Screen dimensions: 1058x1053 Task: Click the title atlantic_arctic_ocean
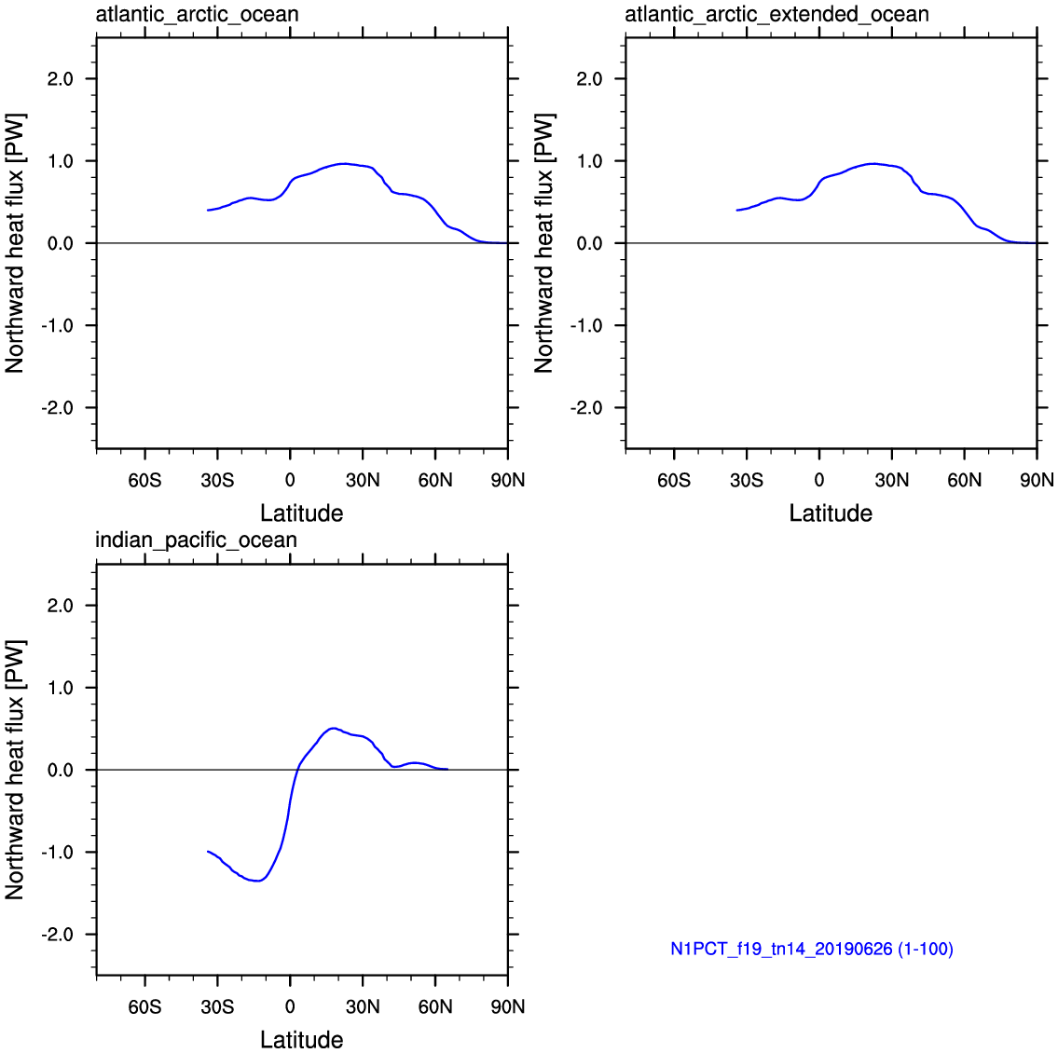[x=197, y=14]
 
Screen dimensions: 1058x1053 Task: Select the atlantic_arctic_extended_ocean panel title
[x=776, y=14]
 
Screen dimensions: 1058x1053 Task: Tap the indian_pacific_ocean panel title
[x=197, y=540]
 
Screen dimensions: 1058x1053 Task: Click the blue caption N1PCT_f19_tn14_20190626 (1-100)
[x=812, y=950]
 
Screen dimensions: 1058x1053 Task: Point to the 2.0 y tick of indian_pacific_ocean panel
[x=60, y=606]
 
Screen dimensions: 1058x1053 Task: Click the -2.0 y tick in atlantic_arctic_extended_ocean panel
[x=585, y=408]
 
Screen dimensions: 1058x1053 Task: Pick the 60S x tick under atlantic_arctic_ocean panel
[x=145, y=480]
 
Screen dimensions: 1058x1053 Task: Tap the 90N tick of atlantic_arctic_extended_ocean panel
[x=1037, y=480]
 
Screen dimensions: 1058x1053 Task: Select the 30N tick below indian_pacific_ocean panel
[x=363, y=1006]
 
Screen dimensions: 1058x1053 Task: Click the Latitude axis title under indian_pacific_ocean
[x=302, y=1040]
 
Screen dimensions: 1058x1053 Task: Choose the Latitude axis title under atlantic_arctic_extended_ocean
[x=831, y=513]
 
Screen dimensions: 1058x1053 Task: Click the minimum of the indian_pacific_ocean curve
[x=258, y=881]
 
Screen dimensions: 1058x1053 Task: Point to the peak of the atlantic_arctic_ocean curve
[x=343, y=163]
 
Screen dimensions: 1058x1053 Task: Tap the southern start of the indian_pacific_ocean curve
[x=208, y=852]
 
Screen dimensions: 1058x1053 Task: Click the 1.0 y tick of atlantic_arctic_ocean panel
[x=60, y=161]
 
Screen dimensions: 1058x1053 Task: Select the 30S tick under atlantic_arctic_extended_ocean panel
[x=747, y=480]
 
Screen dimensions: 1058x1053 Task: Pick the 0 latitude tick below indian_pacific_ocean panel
[x=290, y=1006]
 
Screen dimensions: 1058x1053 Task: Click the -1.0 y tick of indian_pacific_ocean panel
[x=57, y=853]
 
